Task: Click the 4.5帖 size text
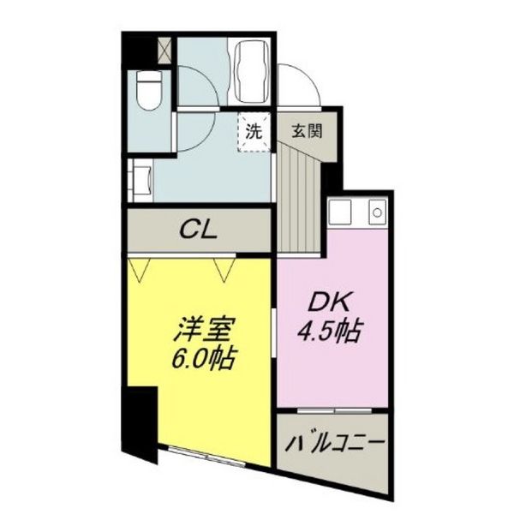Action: pos(330,330)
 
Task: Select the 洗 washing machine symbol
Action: pos(254,132)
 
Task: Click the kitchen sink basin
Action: pos(341,212)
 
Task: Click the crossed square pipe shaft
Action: pos(164,49)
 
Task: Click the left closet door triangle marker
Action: pos(140,269)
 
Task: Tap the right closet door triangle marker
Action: pos(224,269)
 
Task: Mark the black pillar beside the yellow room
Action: pos(138,420)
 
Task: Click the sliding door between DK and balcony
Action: pos(334,413)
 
